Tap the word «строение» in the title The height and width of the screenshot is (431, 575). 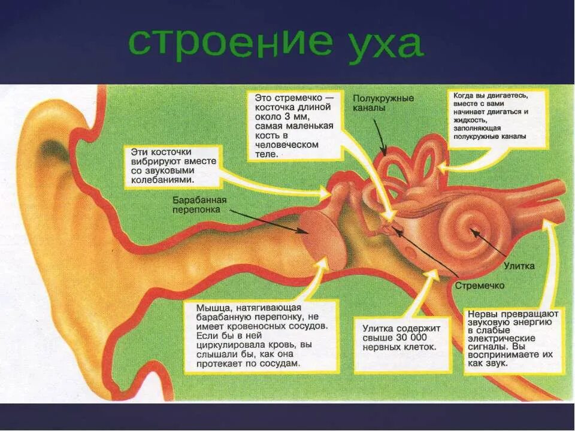230,43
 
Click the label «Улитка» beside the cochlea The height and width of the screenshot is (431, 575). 519,265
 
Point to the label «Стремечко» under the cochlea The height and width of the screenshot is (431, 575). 479,286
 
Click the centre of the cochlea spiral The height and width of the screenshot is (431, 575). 473,229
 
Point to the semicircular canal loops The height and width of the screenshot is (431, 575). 413,159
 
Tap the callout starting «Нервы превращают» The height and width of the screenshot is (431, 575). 513,339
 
